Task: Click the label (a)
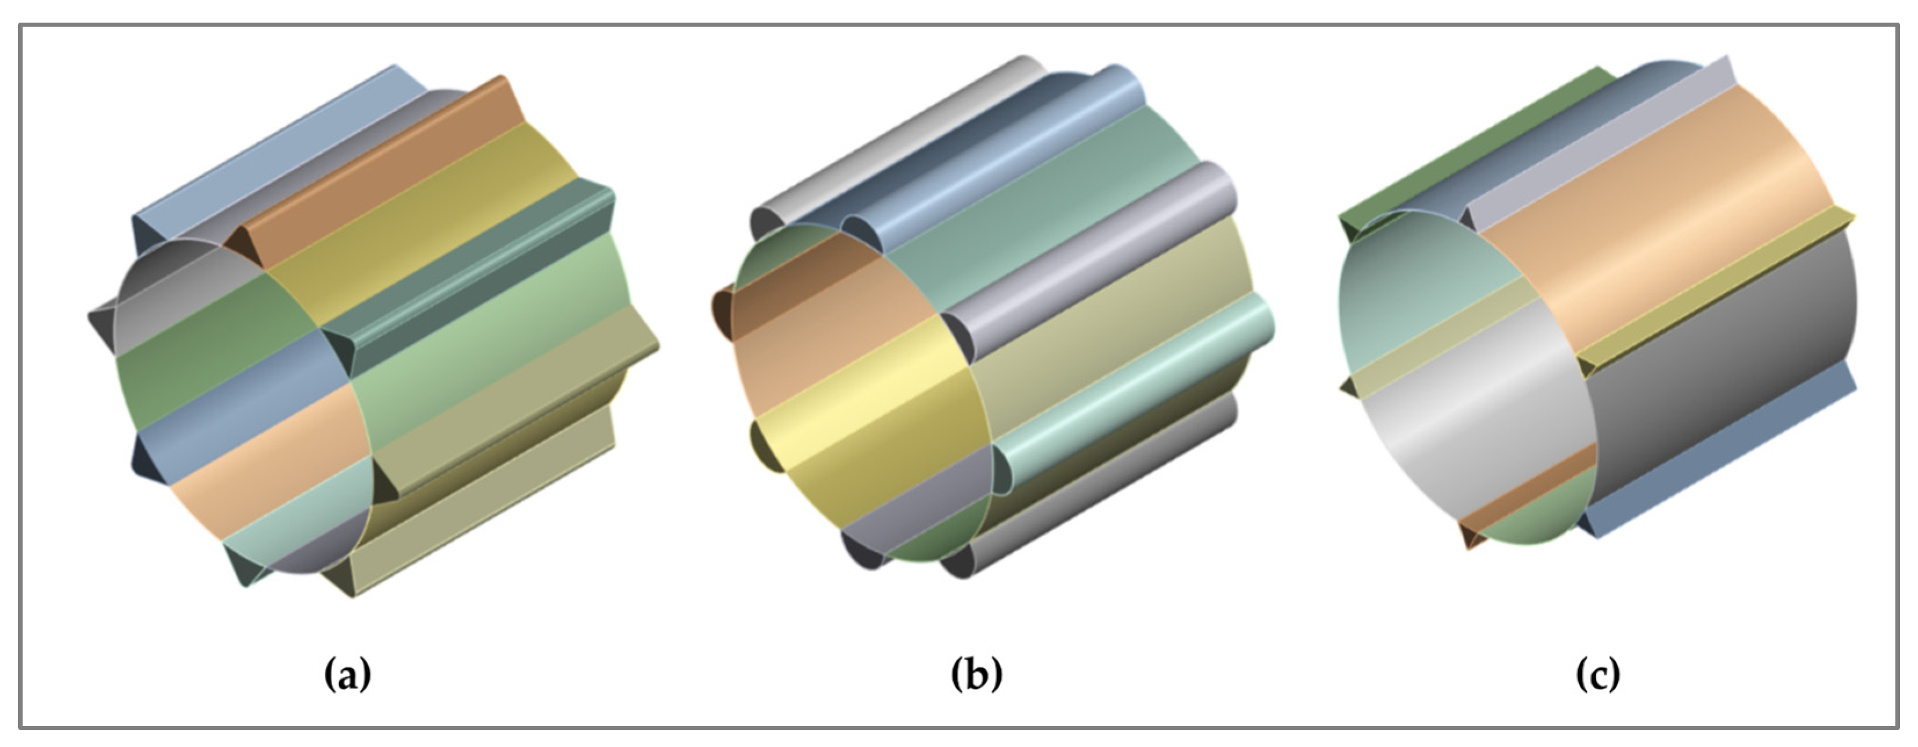click(348, 675)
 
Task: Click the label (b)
click(977, 675)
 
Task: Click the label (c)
click(1598, 675)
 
